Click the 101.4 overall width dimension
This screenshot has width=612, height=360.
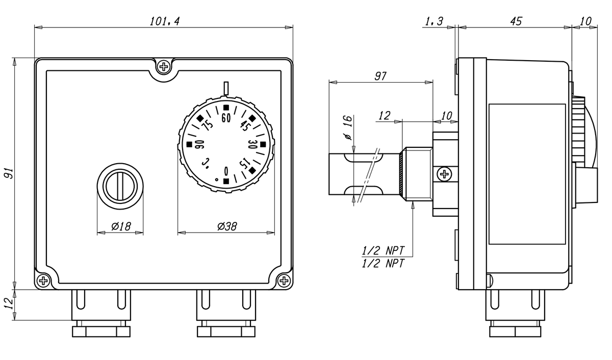pyautogui.click(x=165, y=21)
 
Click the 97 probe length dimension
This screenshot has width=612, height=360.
pyautogui.click(x=380, y=76)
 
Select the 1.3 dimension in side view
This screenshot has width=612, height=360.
pyautogui.click(x=433, y=21)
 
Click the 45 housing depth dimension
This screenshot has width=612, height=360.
pyautogui.click(x=516, y=21)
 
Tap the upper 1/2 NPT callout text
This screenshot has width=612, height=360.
pyautogui.click(x=382, y=250)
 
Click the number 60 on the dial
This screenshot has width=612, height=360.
pyautogui.click(x=226, y=118)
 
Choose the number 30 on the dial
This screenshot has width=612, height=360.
pyautogui.click(x=251, y=144)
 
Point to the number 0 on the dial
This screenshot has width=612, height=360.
pyautogui.click(x=226, y=170)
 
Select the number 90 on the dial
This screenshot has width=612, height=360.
pyautogui.click(x=200, y=145)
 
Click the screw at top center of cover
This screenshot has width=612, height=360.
pyautogui.click(x=164, y=66)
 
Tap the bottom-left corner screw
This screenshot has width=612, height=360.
pyautogui.click(x=44, y=280)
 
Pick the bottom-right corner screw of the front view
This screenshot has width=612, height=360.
pyautogui.click(x=285, y=280)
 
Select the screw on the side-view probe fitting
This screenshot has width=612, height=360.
pyautogui.click(x=445, y=174)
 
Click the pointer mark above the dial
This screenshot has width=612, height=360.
pyautogui.click(x=226, y=88)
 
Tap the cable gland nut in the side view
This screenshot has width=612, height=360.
pyautogui.click(x=515, y=331)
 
